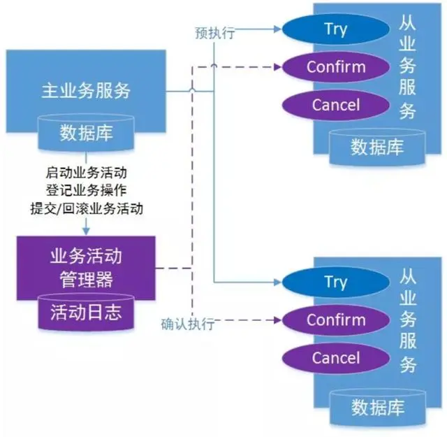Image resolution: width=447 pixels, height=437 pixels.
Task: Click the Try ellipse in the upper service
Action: pos(335,29)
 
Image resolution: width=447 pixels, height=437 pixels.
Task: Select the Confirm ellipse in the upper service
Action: pos(335,67)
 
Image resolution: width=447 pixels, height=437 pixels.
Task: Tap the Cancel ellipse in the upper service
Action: pos(335,106)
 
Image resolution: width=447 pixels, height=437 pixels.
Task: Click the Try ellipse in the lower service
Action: pos(335,282)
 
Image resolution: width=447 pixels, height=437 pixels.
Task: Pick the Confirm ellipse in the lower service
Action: pos(335,321)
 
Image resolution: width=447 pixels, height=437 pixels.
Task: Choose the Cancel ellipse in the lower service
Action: pos(335,359)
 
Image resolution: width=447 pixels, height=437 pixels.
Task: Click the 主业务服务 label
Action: pos(86,90)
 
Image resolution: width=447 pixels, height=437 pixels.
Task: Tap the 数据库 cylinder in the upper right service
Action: pos(377,146)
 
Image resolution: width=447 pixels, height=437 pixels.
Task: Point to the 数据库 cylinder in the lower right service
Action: pos(377,405)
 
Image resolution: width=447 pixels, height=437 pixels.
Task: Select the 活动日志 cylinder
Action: pos(86,313)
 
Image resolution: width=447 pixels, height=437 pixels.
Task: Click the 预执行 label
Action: pos(214,33)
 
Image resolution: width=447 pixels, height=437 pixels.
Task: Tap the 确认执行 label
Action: pos(188,324)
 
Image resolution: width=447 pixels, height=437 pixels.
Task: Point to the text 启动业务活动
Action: pos(87,171)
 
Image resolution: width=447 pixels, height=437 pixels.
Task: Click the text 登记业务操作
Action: pos(87,189)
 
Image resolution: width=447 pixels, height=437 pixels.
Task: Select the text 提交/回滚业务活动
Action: pos(87,208)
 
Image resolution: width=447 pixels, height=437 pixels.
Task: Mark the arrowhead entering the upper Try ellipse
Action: pos(277,29)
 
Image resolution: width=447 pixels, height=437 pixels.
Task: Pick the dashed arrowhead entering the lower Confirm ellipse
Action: pos(277,321)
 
